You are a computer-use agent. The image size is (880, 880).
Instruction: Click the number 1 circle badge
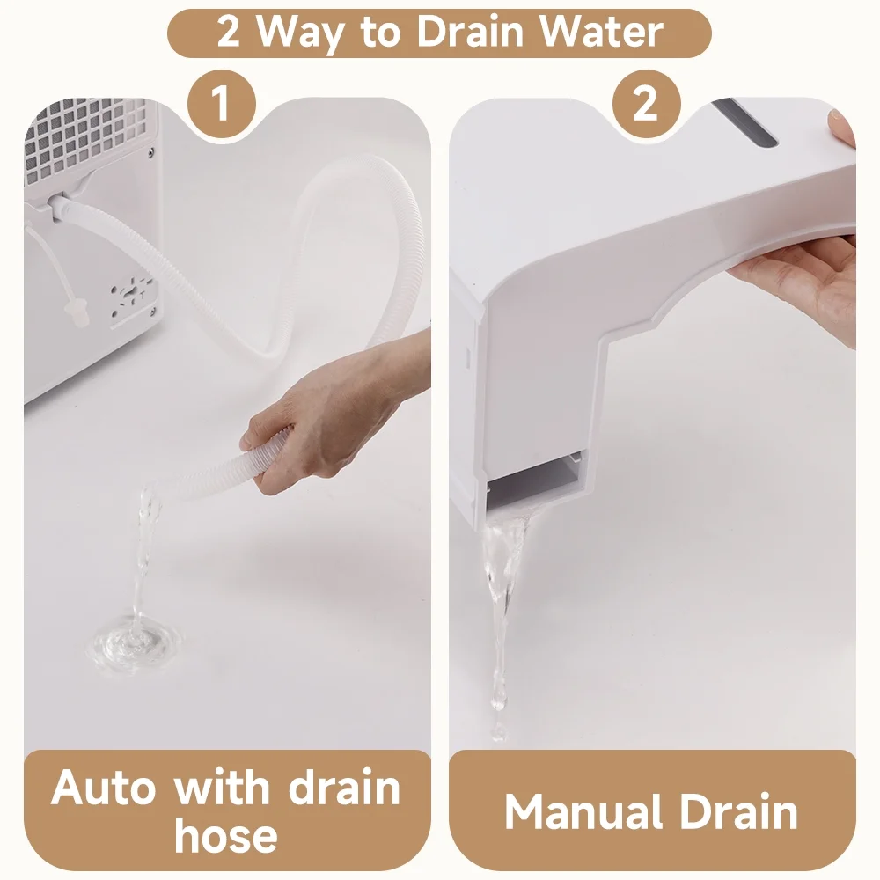coord(222,104)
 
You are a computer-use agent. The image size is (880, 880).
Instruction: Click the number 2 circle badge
coord(647,104)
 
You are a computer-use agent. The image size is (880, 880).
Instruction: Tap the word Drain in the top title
coord(470,32)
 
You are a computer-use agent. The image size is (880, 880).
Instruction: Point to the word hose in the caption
coord(226,836)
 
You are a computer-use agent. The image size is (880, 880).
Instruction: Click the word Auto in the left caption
coord(103,788)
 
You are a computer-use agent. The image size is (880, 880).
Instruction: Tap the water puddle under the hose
coord(134,642)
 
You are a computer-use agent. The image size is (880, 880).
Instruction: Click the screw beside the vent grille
coord(151,151)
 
